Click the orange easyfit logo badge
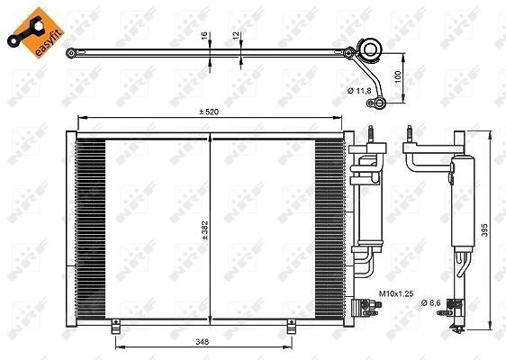pos(35,32)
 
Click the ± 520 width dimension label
pos(209,112)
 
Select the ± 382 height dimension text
pos(205,230)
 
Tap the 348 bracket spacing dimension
pos(203,342)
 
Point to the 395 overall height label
pos(484,230)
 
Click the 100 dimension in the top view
pos(398,76)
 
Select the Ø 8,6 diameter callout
pos(430,302)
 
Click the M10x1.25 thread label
pos(396,293)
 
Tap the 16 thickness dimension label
pos(204,35)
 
